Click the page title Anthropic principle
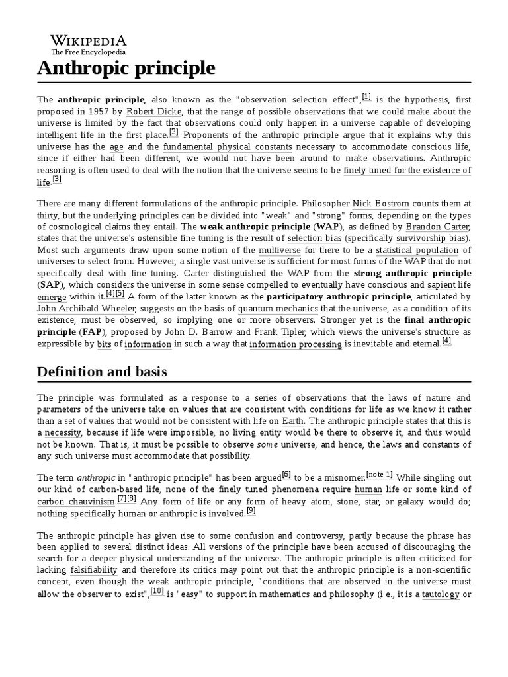(126, 68)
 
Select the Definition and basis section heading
(102, 372)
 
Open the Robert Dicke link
(152, 112)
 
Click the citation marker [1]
(366, 97)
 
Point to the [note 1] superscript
(380, 474)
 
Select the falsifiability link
(93, 569)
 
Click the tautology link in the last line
(441, 593)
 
